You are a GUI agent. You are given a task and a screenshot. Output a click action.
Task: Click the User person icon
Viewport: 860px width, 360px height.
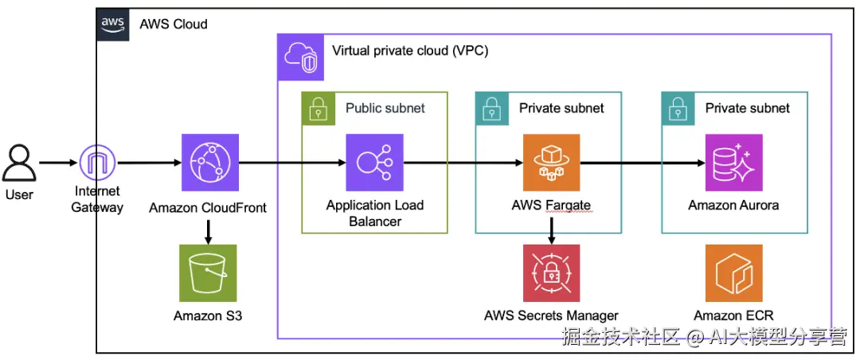pyautogui.click(x=20, y=162)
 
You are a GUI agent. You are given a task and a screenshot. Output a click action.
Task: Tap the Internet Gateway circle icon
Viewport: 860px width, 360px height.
pyautogui.click(x=99, y=163)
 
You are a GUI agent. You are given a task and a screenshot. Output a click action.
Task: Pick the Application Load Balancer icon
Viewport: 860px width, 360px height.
pyautogui.click(x=374, y=162)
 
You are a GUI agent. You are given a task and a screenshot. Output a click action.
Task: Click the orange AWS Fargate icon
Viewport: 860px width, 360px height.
pyautogui.click(x=551, y=162)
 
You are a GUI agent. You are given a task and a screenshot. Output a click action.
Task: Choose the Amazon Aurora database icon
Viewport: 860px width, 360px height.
pyautogui.click(x=733, y=162)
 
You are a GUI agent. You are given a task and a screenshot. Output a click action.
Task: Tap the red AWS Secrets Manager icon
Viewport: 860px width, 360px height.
pyautogui.click(x=551, y=272)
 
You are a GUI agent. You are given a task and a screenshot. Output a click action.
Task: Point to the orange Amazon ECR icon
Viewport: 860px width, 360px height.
pyautogui.click(x=733, y=272)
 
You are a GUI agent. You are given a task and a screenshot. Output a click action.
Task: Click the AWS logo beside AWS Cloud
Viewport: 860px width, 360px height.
pyautogui.click(x=113, y=23)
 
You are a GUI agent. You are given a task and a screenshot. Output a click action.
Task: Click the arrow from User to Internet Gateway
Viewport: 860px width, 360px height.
pyautogui.click(x=57, y=163)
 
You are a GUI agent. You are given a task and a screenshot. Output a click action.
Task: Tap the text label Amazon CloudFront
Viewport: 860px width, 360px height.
pyautogui.click(x=208, y=208)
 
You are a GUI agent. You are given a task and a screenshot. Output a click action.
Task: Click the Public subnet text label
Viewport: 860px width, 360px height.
pyautogui.click(x=385, y=108)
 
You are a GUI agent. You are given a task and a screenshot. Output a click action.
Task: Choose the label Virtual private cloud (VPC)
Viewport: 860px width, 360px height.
pyautogui.click(x=410, y=51)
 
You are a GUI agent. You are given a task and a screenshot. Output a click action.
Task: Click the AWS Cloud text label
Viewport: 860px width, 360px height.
pyautogui.click(x=174, y=24)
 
